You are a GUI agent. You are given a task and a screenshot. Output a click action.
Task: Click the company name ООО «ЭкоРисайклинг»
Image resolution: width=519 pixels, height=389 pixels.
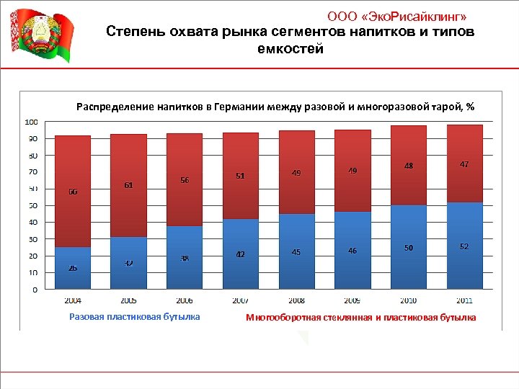coord(401,17)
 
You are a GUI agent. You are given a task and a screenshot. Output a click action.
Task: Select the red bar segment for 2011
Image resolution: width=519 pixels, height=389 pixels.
coord(465,164)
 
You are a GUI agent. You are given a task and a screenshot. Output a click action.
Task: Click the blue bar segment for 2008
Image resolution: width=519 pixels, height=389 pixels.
coord(296,251)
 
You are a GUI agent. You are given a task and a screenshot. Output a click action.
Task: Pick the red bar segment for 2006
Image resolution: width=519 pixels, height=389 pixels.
coord(185,180)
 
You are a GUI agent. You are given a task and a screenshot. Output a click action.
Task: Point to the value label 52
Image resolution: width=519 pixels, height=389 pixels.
coord(464,246)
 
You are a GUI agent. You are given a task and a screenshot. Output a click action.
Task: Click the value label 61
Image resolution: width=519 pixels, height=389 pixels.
coord(128,185)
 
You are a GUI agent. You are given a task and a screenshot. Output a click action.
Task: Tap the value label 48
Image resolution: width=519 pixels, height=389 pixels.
coord(409,166)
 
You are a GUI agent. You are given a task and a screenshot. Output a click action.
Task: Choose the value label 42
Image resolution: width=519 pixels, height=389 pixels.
coord(241,254)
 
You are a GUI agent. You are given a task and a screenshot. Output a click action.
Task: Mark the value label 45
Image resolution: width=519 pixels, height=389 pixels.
coord(296,252)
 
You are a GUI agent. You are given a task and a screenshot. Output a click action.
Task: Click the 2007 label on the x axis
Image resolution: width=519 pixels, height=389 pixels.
coord(240,300)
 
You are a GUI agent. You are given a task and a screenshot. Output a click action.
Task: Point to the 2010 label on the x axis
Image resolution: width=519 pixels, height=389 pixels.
coord(408,300)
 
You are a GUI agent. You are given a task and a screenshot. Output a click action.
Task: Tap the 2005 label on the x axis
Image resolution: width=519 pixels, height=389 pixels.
coord(128,300)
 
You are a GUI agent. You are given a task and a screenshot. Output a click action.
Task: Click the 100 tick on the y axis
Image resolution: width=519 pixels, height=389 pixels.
coord(32,121)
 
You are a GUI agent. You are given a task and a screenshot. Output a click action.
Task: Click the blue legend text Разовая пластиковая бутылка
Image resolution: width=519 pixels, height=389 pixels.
coord(135,316)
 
